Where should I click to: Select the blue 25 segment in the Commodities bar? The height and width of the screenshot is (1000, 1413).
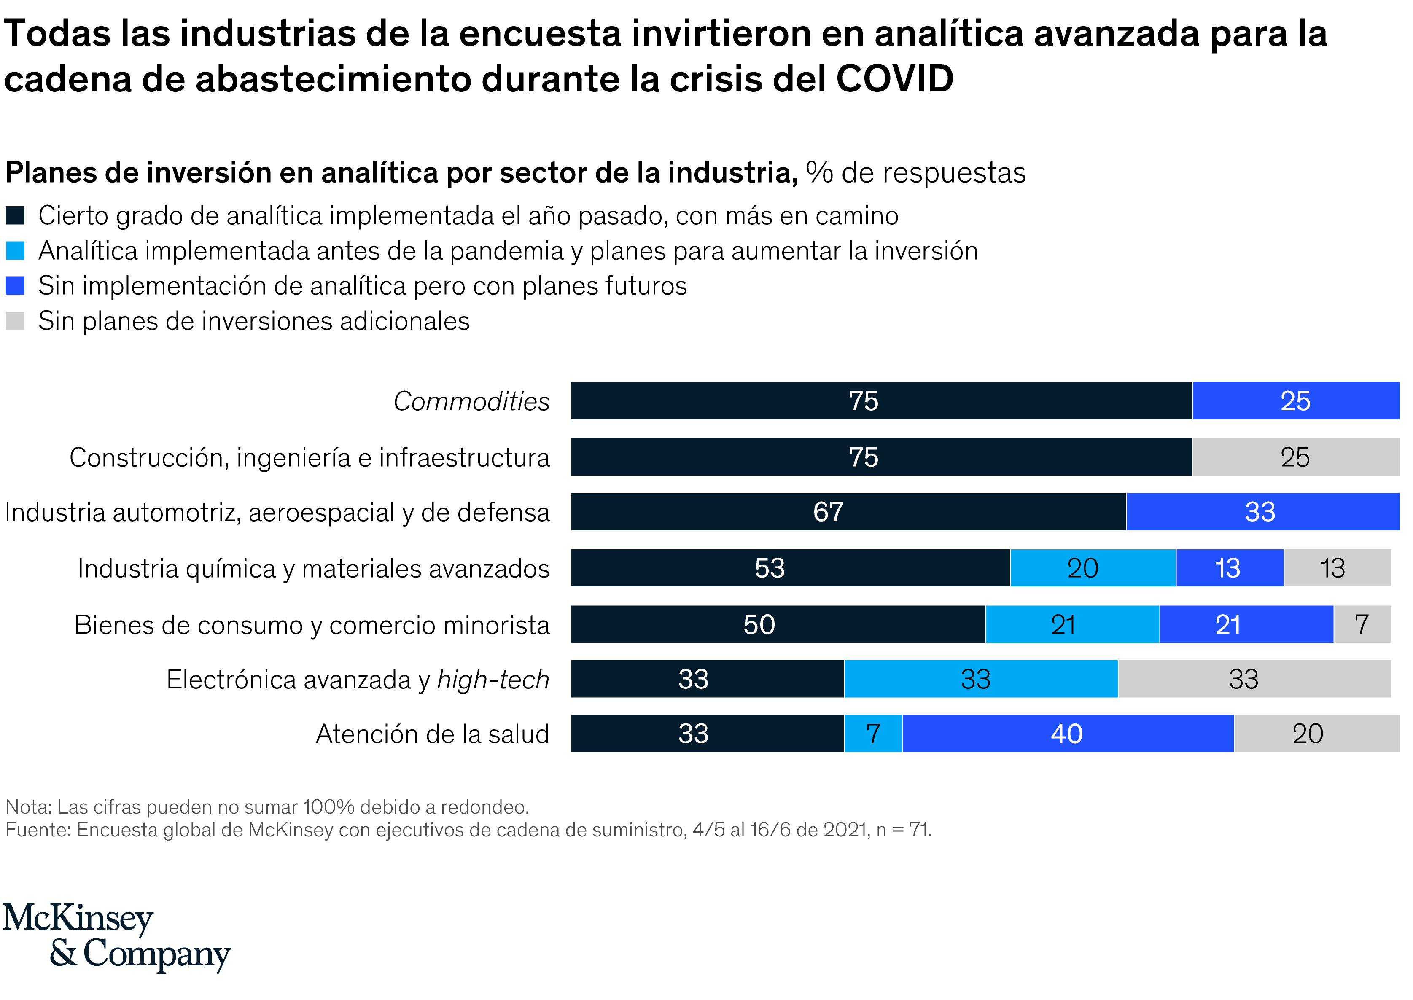[1295, 401]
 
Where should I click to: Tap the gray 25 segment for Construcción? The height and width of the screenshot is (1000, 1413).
[1295, 457]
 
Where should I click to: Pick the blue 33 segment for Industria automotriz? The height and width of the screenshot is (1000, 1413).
[1262, 512]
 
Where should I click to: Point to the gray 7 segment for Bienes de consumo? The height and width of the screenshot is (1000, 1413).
[1362, 624]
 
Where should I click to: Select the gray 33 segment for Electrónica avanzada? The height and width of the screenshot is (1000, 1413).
[1254, 679]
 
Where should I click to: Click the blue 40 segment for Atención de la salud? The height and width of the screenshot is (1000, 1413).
[1068, 734]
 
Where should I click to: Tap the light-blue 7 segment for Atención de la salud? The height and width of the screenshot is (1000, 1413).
[873, 734]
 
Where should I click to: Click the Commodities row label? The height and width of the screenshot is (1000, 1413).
[471, 401]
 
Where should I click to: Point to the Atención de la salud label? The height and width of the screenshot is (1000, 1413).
[432, 734]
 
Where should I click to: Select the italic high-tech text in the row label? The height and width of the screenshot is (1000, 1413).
[493, 680]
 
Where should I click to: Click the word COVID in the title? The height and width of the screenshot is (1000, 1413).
[894, 79]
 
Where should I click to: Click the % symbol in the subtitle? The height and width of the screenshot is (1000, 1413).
[819, 172]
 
